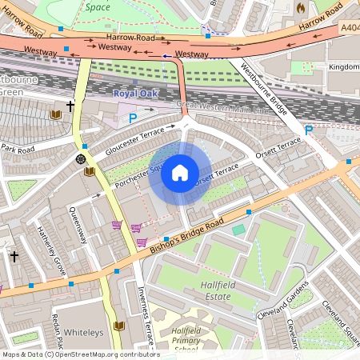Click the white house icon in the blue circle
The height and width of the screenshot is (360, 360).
(x=180, y=173)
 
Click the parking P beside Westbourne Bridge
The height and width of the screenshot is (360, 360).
(x=308, y=130)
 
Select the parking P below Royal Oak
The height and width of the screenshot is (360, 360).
(x=133, y=118)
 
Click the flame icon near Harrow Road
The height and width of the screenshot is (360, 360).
(x=301, y=7)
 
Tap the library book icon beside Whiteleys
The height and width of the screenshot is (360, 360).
(x=119, y=326)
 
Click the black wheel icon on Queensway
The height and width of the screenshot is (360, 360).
(x=81, y=159)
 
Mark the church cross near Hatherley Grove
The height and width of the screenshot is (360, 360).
(x=14, y=256)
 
